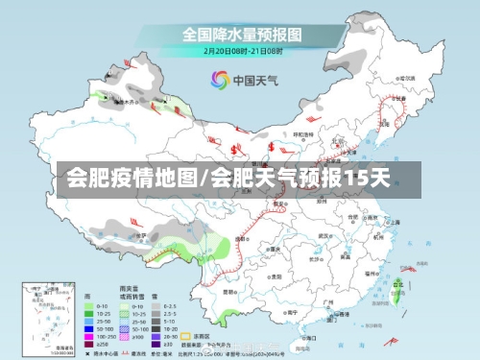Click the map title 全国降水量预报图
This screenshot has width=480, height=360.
click(242, 35)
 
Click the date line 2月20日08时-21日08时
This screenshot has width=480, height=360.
click(241, 51)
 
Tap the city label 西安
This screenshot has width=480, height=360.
click(278, 204)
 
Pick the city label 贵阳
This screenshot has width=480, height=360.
click(276, 275)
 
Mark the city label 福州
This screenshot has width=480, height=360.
click(371, 274)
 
